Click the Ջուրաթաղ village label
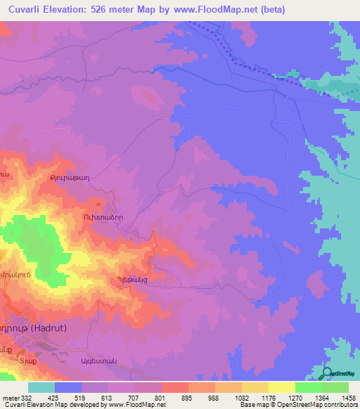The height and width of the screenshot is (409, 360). pyautogui.click(x=70, y=178)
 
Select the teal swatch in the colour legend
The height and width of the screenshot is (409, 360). pyautogui.click(x=41, y=387)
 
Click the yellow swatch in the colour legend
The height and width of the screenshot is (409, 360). pyautogui.click(x=281, y=387)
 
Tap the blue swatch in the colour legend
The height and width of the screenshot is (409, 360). pyautogui.click(x=68, y=387)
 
